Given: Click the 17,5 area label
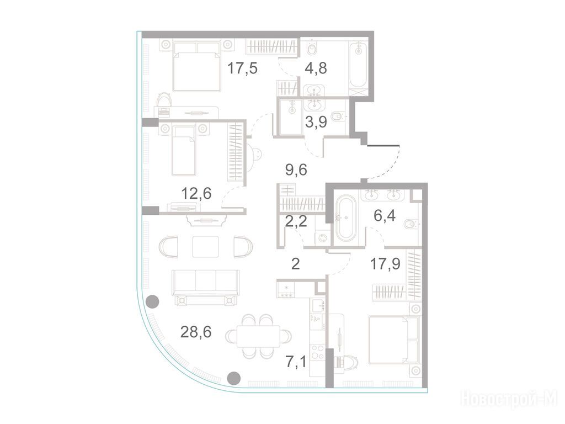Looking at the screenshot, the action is coord(243,68).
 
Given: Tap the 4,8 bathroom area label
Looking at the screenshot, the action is coord(315,68).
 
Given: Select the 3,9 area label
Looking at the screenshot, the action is coord(316,122).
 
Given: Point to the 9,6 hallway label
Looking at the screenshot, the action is coord(296,169).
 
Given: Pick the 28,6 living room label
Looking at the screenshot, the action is coord(196,332).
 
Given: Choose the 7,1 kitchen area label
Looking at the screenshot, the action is coord(296,361).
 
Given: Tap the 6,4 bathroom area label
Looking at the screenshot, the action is coord(385,216).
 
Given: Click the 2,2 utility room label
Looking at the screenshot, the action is coord(296,221).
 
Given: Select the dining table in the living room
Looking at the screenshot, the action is coord(258,336).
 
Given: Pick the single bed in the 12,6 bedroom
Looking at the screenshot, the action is coord(184,151).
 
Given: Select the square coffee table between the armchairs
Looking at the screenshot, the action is coord(205,247).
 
